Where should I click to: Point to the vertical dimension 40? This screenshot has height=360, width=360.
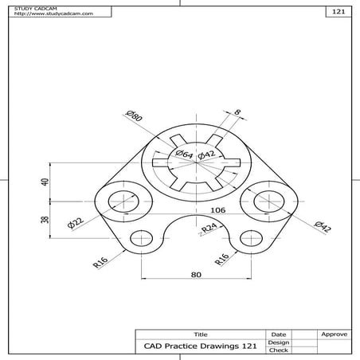pos(45,182)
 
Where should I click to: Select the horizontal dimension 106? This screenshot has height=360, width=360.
pos(217,210)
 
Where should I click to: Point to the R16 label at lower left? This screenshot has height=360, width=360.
pos(100,261)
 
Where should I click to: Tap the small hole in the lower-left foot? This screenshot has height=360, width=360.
pos(142,237)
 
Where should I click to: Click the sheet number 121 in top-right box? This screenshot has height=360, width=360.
pos(338,14)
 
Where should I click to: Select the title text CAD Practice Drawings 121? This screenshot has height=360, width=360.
pos(199,346)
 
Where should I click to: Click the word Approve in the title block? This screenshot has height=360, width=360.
pos(332,335)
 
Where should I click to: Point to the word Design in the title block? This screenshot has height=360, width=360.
pos(278,342)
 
